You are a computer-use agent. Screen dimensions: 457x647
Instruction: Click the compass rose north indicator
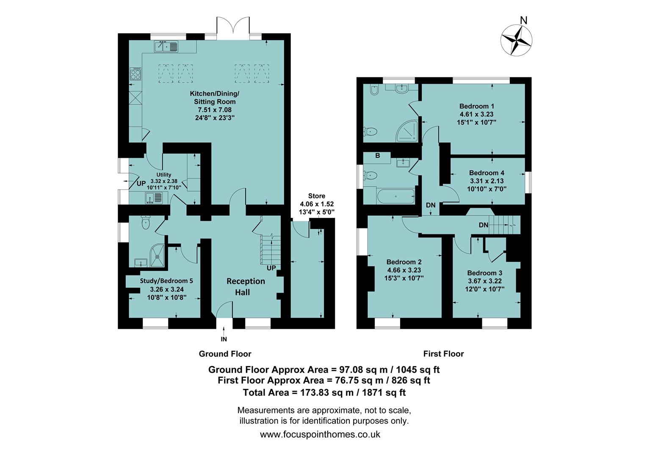(517, 40)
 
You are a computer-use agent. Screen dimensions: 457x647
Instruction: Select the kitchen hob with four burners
(135, 75)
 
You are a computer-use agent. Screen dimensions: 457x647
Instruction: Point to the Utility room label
(164, 175)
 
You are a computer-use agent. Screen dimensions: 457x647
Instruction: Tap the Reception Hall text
(245, 286)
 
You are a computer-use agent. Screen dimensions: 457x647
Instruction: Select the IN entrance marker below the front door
(224, 339)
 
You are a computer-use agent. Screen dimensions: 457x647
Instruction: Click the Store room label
(317, 196)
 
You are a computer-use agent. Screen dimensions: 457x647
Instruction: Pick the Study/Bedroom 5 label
(166, 281)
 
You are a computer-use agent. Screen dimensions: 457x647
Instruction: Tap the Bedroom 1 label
(476, 106)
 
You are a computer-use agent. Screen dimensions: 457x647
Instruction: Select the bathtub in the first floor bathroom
(395, 196)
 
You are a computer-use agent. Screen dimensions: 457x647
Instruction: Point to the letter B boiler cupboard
(377, 156)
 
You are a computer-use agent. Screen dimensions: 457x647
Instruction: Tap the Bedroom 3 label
(485, 273)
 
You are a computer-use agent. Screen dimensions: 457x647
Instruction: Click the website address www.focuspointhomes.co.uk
(320, 434)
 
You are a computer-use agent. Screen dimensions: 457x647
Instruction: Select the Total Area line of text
(324, 392)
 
